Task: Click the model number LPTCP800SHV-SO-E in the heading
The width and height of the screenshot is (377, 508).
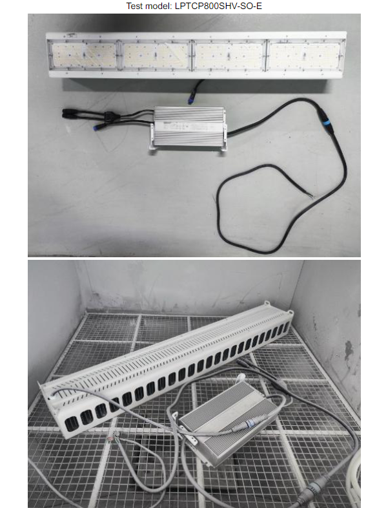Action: pyautogui.click(x=218, y=6)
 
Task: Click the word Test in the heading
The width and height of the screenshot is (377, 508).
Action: pyautogui.click(x=134, y=6)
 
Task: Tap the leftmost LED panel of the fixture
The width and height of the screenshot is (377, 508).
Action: pyautogui.click(x=84, y=56)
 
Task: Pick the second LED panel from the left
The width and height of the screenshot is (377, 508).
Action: pyautogui.click(x=156, y=56)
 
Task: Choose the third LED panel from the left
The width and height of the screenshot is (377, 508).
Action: pyautogui.click(x=229, y=56)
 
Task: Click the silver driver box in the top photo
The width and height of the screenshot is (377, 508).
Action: pyautogui.click(x=189, y=128)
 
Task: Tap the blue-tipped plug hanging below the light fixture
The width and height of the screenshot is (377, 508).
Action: pyautogui.click(x=190, y=100)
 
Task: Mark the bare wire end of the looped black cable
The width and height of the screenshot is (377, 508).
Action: pyautogui.click(x=311, y=195)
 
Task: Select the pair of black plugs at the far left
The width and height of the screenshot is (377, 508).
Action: pyautogui.click(x=69, y=114)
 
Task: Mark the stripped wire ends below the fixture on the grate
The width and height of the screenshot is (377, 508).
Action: pyautogui.click(x=112, y=439)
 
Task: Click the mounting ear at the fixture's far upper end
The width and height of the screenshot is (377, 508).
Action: pyautogui.click(x=267, y=304)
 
